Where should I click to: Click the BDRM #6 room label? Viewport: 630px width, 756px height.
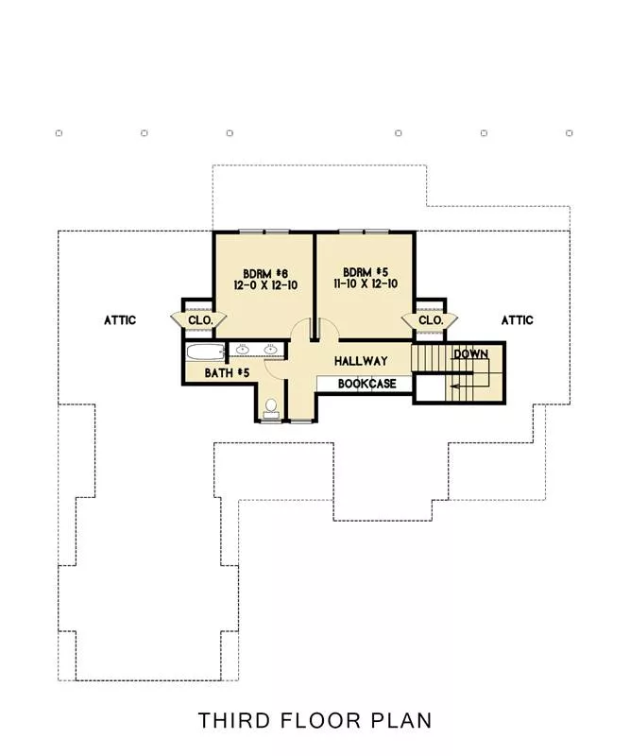click(x=265, y=274)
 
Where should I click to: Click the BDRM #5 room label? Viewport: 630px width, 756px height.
click(x=366, y=272)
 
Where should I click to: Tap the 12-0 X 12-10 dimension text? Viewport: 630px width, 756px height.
click(x=265, y=285)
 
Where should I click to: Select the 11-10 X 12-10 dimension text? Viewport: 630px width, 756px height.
click(x=366, y=283)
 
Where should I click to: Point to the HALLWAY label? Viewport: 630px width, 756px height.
click(x=361, y=361)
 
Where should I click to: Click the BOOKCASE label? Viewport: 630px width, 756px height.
click(x=367, y=384)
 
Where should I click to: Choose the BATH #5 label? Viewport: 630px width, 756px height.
click(x=227, y=372)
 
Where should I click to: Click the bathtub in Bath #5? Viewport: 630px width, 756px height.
click(x=206, y=352)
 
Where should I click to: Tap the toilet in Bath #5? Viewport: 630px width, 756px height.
click(x=271, y=408)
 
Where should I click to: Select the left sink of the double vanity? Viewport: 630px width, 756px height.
click(x=243, y=349)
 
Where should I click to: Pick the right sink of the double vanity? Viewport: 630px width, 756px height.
click(x=270, y=349)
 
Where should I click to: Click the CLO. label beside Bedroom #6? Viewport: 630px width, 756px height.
click(x=200, y=320)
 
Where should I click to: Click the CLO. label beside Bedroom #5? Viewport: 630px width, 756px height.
click(x=431, y=320)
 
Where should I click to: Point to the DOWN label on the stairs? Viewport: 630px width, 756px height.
click(x=471, y=353)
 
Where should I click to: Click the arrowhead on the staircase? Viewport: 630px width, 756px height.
click(x=454, y=386)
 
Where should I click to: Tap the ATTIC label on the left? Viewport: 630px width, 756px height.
click(x=120, y=320)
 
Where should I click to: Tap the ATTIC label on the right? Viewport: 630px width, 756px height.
click(x=518, y=320)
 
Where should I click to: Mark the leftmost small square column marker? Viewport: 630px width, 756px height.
click(x=59, y=133)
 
